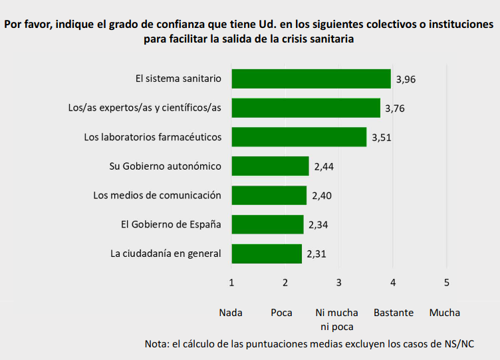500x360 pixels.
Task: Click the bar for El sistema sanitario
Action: point(311,79)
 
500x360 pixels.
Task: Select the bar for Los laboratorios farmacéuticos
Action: point(299,137)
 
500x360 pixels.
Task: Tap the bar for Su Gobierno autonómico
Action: point(271,166)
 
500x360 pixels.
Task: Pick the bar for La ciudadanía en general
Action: point(267,254)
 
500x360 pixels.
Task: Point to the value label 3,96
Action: point(406,79)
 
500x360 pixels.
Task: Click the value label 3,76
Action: point(395,108)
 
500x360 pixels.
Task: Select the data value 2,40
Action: point(322,196)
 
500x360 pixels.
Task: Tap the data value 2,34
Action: point(318,225)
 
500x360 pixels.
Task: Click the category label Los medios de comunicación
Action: point(157,196)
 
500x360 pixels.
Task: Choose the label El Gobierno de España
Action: point(171,224)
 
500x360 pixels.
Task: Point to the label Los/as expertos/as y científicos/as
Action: point(144,108)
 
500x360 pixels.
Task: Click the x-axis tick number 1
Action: point(231,282)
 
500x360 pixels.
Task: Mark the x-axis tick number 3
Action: point(339,282)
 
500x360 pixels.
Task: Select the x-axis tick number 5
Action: point(447,282)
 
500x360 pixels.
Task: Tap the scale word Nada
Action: point(231,313)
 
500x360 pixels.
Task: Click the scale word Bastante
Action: point(394,313)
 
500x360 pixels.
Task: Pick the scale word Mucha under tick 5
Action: point(445,313)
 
